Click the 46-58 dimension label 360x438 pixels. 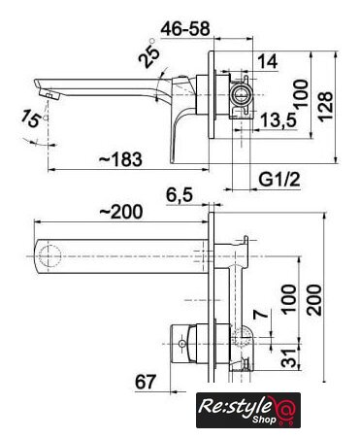pos(185,29)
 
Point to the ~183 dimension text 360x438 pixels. pos(120,159)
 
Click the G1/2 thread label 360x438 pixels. pos(279,179)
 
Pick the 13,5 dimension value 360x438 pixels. pos(278,119)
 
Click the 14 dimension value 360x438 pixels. pos(268,61)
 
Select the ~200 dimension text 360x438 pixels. pos(120,212)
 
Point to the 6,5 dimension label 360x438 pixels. pos(180,195)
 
